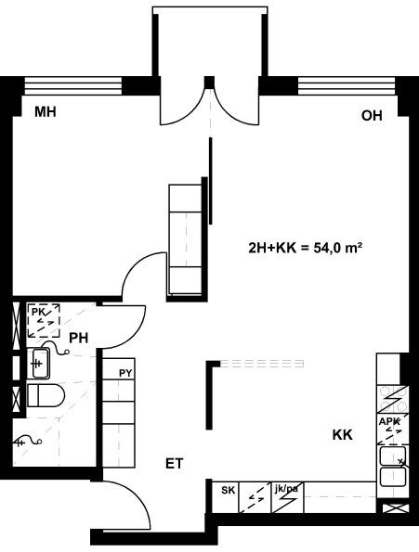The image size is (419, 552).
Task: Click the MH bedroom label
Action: [46, 112]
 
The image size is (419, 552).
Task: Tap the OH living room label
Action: [372, 116]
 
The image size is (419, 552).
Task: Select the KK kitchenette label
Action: [342, 435]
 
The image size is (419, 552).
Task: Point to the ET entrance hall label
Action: [175, 464]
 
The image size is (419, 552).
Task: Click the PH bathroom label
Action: [78, 338]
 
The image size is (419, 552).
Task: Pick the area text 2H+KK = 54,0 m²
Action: [305, 248]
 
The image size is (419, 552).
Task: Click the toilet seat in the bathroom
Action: [46, 395]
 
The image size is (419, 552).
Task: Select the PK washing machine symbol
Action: [44, 320]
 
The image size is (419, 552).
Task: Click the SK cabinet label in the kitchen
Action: [228, 490]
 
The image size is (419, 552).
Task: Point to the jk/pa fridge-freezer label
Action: [286, 489]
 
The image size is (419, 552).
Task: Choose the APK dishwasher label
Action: [389, 421]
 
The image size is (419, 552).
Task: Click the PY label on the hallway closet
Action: [125, 373]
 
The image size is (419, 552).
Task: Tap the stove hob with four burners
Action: [393, 399]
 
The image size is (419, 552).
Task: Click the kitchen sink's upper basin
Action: [392, 456]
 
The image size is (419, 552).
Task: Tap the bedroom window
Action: [73, 85]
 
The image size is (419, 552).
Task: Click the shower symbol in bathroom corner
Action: [27, 441]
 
